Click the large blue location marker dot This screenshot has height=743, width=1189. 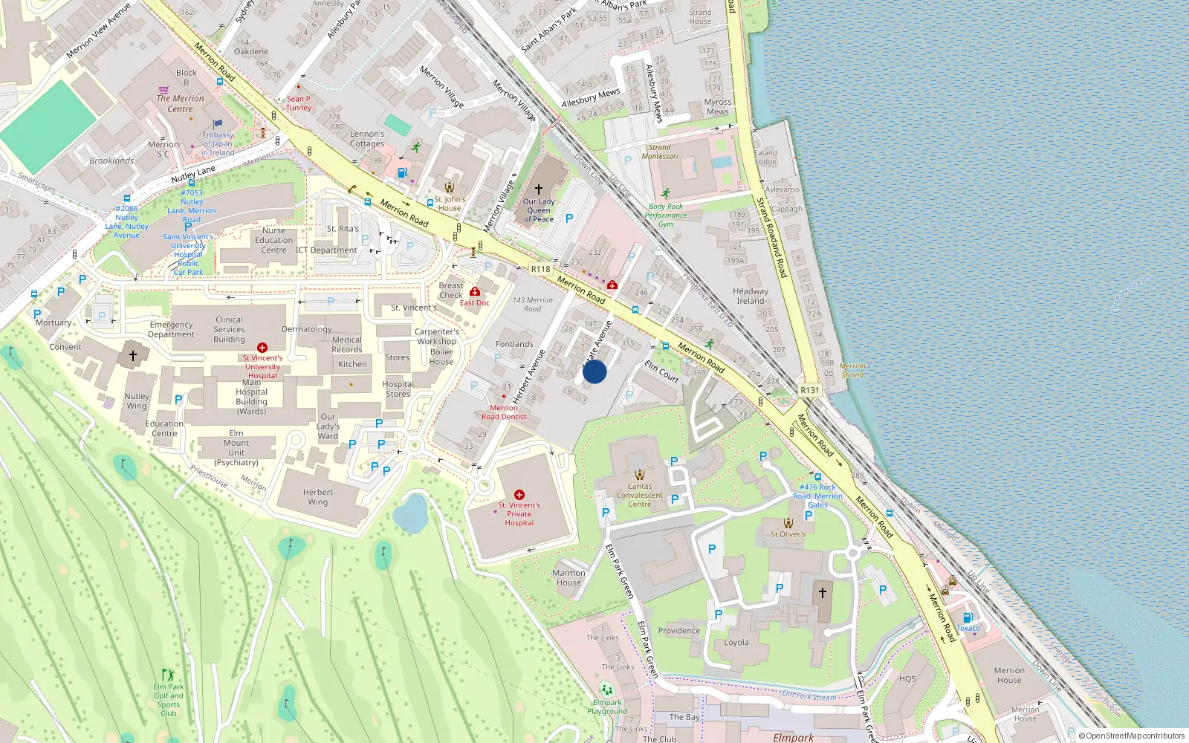tap(594, 371)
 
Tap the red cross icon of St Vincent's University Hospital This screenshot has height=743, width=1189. tap(262, 348)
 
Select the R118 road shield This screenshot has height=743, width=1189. tap(540, 269)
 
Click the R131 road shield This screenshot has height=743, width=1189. tap(809, 390)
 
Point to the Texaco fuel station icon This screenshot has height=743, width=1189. tap(968, 617)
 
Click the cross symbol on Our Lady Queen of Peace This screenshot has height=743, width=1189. tap(539, 189)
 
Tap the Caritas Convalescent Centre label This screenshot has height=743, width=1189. tap(639, 495)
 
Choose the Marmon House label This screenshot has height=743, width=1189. tap(568, 577)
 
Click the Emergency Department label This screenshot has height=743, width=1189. tap(171, 329)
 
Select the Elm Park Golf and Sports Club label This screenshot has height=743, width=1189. tap(169, 700)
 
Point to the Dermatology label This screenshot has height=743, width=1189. tap(307, 329)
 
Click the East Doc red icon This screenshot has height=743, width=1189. tap(475, 292)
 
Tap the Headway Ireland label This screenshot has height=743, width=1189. tap(751, 296)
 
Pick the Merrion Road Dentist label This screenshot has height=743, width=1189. tap(504, 412)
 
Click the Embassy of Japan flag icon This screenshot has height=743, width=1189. tap(218, 125)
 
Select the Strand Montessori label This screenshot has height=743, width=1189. tap(660, 152)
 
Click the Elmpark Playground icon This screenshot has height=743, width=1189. tap(607, 690)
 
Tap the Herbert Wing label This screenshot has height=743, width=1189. tap(318, 497)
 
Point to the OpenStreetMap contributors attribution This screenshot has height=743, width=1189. tap(1131, 736)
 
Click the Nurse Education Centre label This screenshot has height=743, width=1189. tap(273, 240)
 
